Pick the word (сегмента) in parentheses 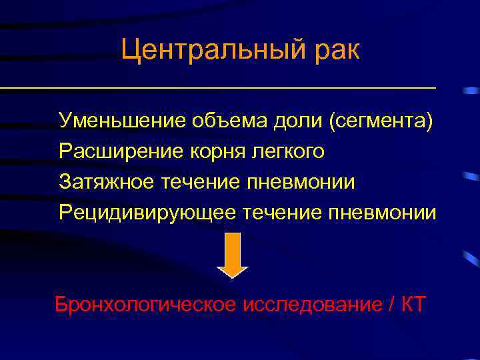tap(379, 121)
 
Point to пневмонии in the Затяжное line tap(301, 181)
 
